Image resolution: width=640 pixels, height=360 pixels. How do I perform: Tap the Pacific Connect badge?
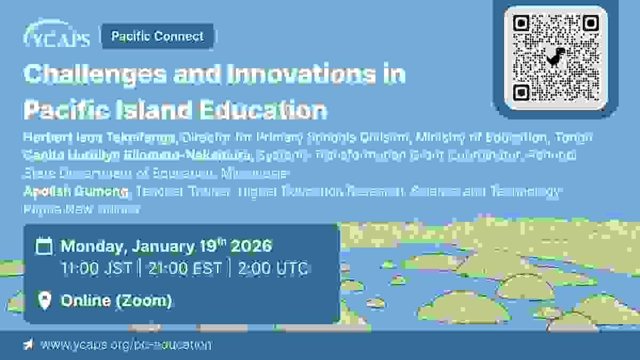[157, 36]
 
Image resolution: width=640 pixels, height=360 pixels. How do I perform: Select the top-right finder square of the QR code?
[590, 23]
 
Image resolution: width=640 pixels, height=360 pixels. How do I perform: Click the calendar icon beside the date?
[44, 246]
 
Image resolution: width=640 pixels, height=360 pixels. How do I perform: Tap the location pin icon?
[45, 301]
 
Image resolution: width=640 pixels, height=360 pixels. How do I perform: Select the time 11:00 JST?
[96, 268]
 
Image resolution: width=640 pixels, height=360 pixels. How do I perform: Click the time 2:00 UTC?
[273, 268]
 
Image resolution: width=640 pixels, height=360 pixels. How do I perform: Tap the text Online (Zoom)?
[116, 301]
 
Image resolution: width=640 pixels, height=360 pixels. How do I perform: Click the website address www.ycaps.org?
[126, 345]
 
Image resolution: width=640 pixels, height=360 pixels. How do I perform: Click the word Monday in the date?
[91, 246]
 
